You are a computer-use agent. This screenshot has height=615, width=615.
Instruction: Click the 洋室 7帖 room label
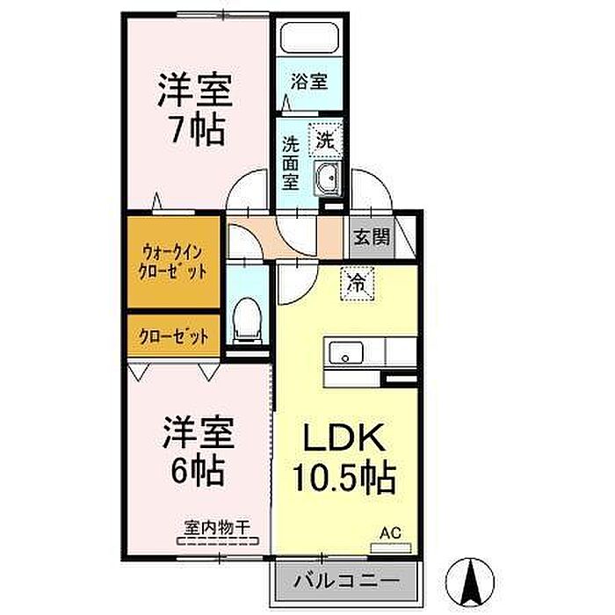pos(195,109)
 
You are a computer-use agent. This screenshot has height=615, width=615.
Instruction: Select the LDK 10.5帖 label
pos(344,458)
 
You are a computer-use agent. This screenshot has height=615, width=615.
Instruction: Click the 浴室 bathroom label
pos(309,81)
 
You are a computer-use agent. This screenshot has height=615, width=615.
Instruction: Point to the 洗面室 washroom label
pos(289,162)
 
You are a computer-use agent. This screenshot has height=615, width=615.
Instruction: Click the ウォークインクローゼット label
pos(172,262)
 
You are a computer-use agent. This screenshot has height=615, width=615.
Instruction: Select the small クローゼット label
pos(172,335)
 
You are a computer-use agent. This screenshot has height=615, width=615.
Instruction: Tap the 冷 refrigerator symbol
pos(357,282)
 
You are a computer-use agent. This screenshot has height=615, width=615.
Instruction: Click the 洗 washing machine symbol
pos(324,139)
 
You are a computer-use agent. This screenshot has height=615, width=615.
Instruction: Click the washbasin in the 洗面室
pos(327,176)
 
